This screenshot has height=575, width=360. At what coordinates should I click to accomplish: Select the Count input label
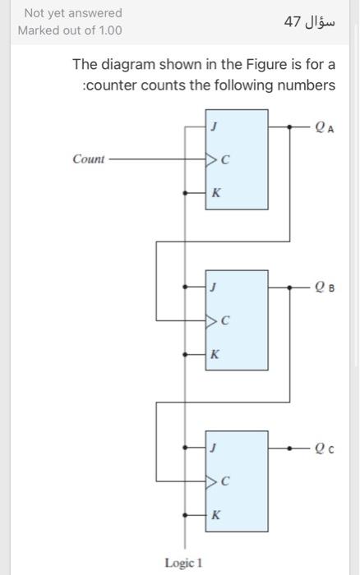coord(89,159)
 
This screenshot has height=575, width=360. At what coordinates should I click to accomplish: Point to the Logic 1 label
coord(183,562)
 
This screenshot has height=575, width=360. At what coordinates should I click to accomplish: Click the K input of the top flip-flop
coord(215,194)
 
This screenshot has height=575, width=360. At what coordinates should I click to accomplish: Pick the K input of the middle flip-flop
coord(215,355)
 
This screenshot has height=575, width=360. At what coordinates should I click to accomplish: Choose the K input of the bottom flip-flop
coord(215,515)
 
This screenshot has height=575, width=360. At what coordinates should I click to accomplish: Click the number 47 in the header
coord(292,21)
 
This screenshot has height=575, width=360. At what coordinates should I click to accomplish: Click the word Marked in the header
coord(40,30)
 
